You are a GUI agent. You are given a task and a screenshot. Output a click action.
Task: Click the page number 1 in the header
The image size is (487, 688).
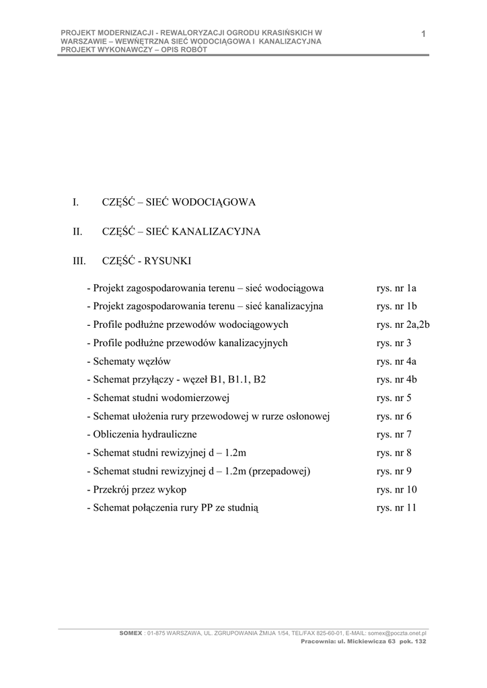(424, 34)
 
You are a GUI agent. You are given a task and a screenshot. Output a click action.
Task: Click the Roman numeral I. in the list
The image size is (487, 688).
(76, 202)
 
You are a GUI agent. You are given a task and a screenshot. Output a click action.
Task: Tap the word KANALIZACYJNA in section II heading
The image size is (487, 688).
(217, 232)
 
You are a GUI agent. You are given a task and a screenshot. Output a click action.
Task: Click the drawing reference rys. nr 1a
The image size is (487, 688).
(397, 288)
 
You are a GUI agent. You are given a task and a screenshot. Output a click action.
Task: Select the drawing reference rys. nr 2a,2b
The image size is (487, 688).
(403, 325)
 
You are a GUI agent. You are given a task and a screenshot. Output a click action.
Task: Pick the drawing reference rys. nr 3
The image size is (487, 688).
(394, 343)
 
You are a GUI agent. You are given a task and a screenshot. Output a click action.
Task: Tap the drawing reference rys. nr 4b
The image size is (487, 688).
(397, 380)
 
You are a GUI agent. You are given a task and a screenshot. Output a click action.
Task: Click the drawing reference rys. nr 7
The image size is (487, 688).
(394, 434)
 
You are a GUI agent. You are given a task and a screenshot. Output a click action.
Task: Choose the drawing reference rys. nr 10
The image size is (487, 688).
(397, 489)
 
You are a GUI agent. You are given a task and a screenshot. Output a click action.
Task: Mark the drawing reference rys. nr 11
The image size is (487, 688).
(397, 508)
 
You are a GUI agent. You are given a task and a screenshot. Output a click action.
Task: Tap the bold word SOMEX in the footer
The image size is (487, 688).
(130, 633)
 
